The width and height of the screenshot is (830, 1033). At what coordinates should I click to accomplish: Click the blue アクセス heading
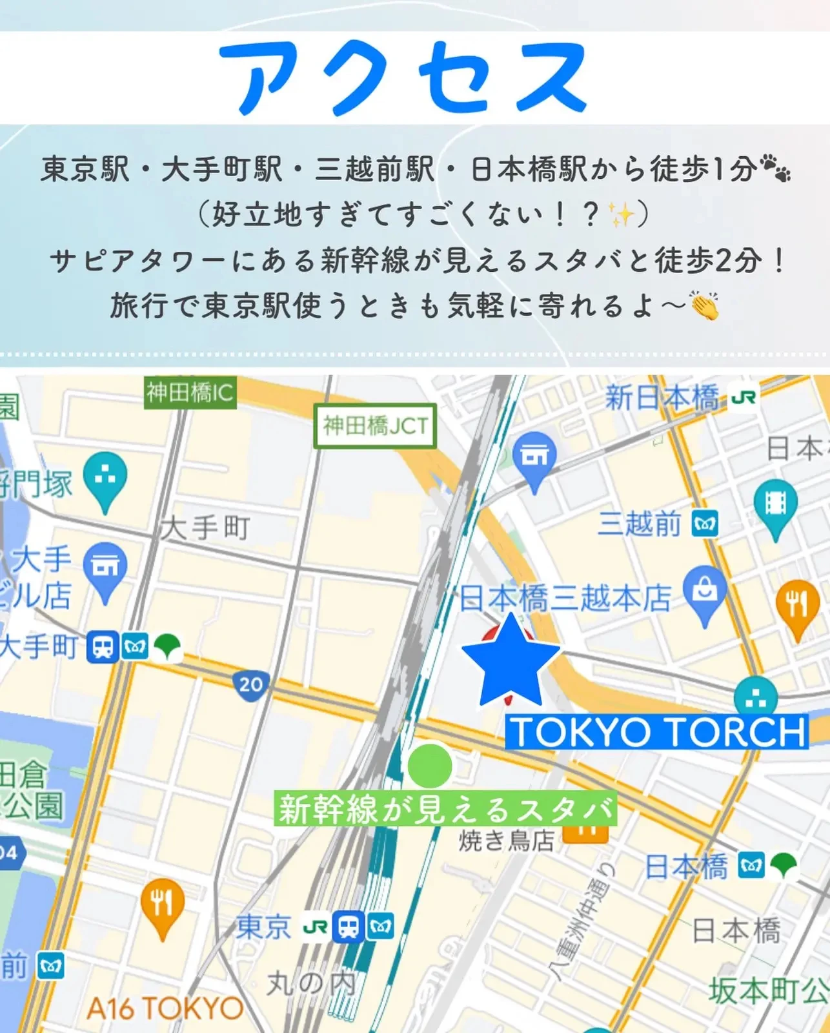[x=403, y=77]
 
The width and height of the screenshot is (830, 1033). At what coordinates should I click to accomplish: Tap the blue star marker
[x=511, y=662]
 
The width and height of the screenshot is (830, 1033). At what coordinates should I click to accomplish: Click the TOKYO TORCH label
[x=657, y=732]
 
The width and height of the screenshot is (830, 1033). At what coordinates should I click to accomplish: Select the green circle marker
[x=430, y=765]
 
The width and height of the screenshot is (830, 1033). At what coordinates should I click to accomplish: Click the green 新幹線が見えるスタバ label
[x=445, y=809]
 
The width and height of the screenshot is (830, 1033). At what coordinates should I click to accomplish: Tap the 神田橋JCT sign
[x=375, y=426]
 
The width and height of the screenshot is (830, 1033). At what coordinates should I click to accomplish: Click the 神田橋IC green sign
[x=190, y=393]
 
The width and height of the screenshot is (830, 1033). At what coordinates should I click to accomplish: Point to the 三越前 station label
[x=640, y=524]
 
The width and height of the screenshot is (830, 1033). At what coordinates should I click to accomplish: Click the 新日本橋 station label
[x=661, y=398]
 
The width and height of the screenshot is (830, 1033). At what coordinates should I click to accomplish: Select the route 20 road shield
[x=250, y=684]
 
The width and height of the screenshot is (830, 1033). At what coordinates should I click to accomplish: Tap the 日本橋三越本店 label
[x=565, y=598]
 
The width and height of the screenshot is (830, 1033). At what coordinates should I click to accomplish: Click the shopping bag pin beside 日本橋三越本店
[x=705, y=593]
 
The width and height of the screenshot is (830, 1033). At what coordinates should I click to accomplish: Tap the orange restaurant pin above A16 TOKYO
[x=163, y=906]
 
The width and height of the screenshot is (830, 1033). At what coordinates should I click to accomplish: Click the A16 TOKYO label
[x=165, y=1008]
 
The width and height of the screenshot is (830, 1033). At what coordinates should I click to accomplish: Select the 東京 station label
[x=264, y=928]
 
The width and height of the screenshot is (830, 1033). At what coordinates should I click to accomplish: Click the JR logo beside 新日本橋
[x=744, y=397]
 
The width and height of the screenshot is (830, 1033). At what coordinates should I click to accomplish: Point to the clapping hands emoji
[x=704, y=305]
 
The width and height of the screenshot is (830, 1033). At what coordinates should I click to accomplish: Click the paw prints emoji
[x=775, y=168]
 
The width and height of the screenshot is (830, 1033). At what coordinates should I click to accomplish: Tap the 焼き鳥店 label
[x=507, y=841]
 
